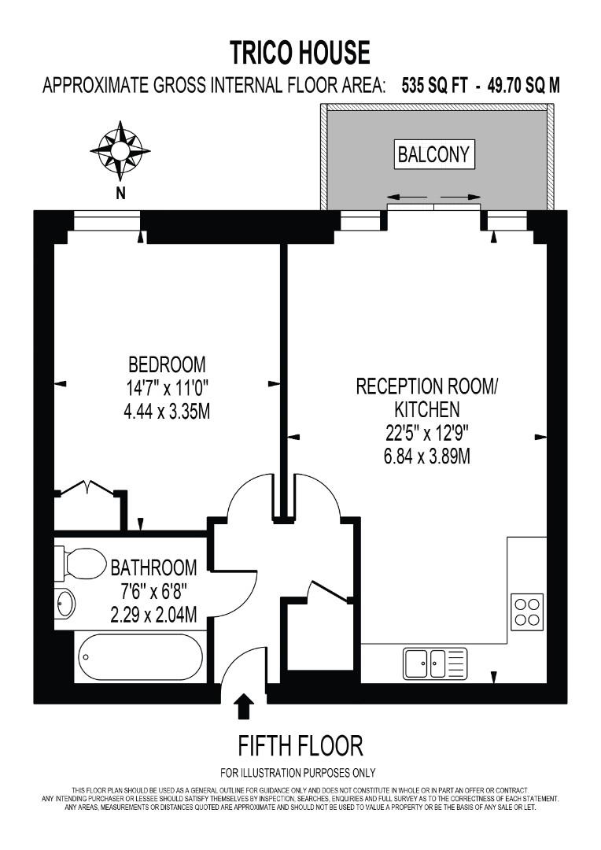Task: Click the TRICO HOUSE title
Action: click(x=300, y=52)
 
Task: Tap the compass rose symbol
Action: click(x=120, y=148)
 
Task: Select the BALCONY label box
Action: click(x=435, y=154)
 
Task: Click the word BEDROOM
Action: click(x=167, y=365)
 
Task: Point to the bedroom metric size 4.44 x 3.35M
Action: click(x=167, y=411)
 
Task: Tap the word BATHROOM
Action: click(x=153, y=567)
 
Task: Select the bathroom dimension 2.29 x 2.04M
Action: click(x=153, y=615)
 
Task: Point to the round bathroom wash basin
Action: click(x=65, y=605)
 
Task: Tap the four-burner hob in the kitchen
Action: click(x=526, y=612)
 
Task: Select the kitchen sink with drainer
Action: click(x=436, y=663)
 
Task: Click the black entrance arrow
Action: click(x=244, y=705)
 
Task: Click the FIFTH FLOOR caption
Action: click(x=300, y=745)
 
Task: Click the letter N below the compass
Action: click(x=120, y=193)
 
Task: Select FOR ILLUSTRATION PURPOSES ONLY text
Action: click(x=298, y=772)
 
